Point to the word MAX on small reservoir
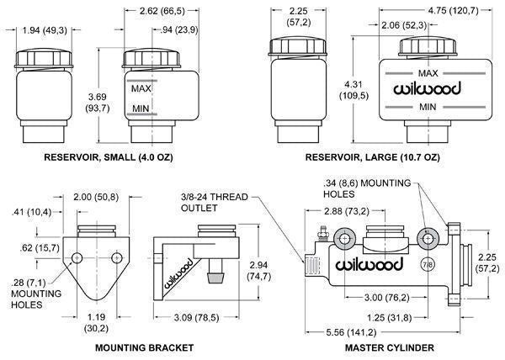pyautogui.click(x=141, y=87)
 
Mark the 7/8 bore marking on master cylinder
pyautogui.click(x=426, y=266)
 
